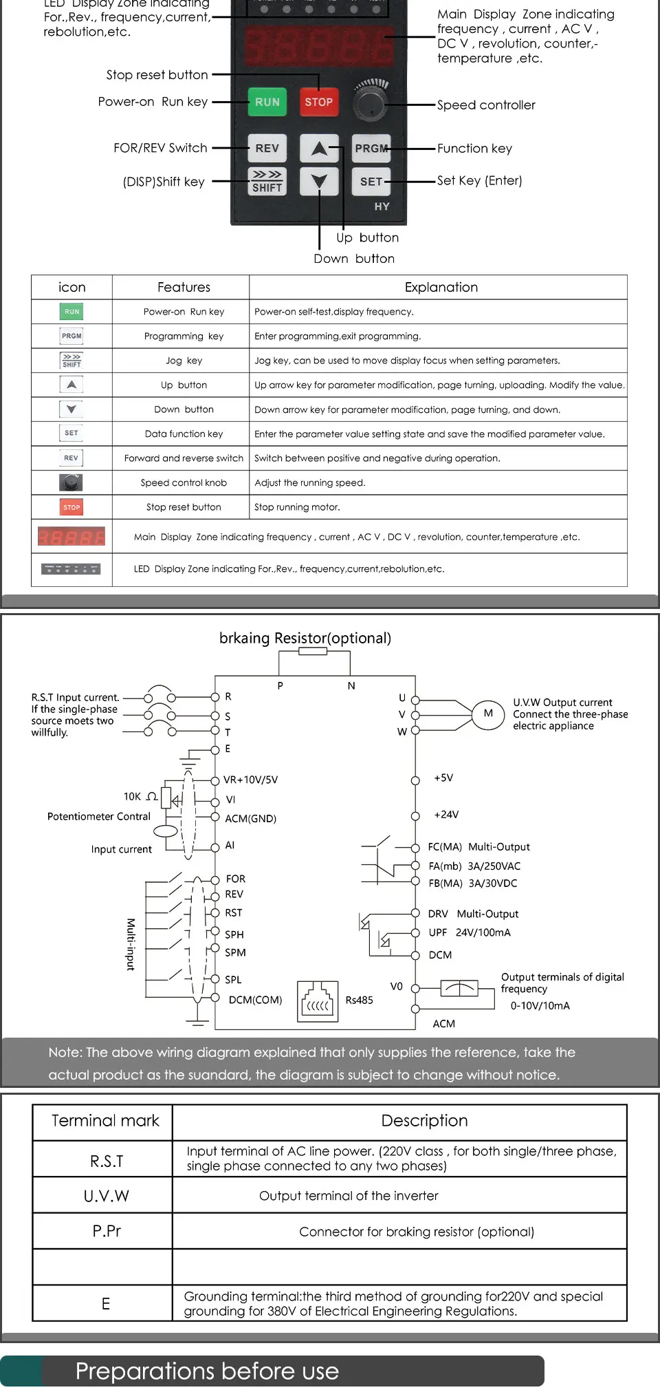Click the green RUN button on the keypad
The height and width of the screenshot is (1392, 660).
coord(267,102)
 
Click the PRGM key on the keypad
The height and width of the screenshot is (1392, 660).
coord(371,148)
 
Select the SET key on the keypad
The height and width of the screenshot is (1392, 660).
coord(371,182)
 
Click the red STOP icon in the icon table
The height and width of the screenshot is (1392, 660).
coord(71,507)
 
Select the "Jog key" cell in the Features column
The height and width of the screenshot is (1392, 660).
coord(184,361)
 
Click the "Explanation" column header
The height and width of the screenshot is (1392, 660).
coord(441,288)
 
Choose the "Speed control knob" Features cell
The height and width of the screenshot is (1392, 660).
coord(184,483)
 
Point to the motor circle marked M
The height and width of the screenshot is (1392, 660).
coord(488,714)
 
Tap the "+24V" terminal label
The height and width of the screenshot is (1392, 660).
coord(446,815)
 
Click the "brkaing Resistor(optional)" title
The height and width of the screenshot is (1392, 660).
coord(305,638)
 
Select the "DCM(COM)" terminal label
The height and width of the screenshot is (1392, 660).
coord(255,1000)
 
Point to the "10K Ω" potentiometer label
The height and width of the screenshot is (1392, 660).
coord(140,797)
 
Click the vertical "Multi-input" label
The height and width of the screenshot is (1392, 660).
coord(131,944)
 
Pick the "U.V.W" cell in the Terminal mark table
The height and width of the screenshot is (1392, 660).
coord(106,1196)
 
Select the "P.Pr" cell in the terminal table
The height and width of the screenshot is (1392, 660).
coord(106,1231)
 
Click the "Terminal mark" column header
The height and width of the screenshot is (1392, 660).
coord(105,1121)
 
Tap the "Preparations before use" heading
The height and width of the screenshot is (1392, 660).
coord(207,1371)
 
